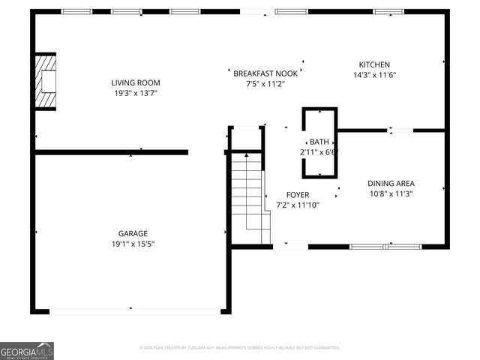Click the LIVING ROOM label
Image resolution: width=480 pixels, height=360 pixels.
click(136, 82)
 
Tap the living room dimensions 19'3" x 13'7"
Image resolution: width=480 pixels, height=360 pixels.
click(136, 93)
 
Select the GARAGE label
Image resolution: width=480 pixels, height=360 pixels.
click(132, 233)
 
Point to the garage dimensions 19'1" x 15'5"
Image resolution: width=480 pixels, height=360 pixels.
click(132, 244)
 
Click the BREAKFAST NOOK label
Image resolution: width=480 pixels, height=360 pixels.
click(265, 73)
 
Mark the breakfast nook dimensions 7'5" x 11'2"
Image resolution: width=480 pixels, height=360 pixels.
click(265, 83)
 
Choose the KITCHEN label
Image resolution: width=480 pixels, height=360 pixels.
click(374, 65)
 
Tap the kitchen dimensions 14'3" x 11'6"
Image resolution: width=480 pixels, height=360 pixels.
click(374, 75)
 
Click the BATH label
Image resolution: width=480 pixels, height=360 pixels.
click(319, 142)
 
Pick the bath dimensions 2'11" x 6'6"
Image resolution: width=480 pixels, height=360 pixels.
click(319, 151)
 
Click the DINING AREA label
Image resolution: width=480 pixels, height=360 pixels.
click(391, 183)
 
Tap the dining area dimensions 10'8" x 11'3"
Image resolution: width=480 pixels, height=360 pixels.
click(391, 193)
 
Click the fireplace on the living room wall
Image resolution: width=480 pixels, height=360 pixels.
click(46, 81)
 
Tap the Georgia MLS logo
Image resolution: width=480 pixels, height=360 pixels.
click(27, 351)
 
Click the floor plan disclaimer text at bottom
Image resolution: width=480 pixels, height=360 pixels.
click(240, 348)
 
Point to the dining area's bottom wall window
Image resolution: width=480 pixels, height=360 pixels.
click(385, 246)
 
